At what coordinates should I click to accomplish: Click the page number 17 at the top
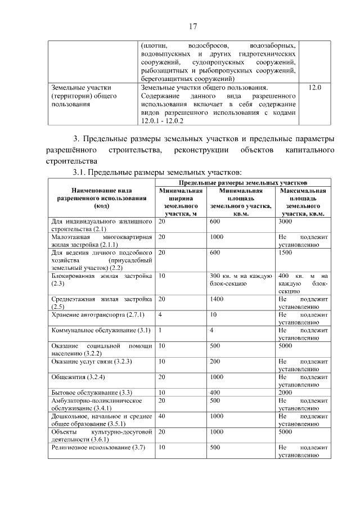click(x=192, y=26)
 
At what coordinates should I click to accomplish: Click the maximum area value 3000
click(x=286, y=222)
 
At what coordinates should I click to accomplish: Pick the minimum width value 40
click(x=162, y=416)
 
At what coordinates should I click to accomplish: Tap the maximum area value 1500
click(x=286, y=253)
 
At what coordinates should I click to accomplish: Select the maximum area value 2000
click(x=286, y=392)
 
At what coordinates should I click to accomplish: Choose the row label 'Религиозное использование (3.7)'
click(x=98, y=447)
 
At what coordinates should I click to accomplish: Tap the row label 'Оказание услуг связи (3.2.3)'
click(x=91, y=361)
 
